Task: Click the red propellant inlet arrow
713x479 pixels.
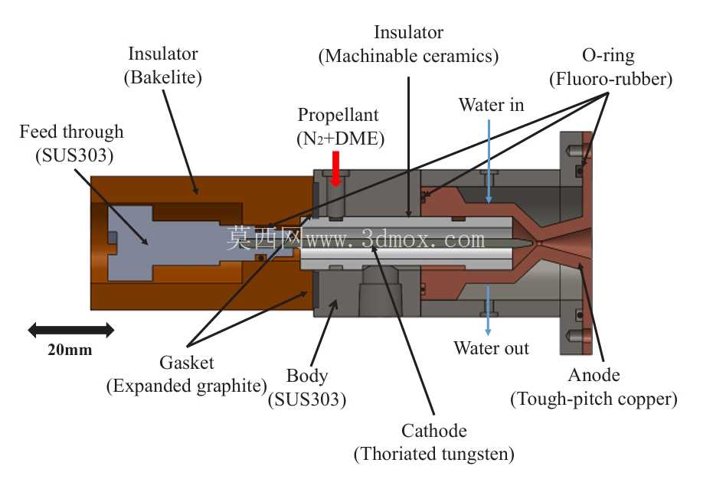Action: [335, 169]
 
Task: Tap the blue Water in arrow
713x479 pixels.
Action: [489, 161]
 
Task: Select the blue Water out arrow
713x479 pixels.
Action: [488, 311]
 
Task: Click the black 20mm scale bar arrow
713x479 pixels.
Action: [71, 330]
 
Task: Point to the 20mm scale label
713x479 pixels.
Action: [70, 350]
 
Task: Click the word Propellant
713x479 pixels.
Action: [338, 115]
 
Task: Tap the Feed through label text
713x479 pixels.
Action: [71, 132]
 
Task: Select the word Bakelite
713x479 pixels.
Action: [163, 77]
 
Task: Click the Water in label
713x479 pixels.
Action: [491, 105]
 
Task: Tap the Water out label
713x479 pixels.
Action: [491, 348]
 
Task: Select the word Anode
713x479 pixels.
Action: [594, 375]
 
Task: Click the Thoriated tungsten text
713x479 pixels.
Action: [433, 454]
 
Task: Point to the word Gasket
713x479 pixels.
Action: [186, 363]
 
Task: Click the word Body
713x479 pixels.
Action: [307, 376]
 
